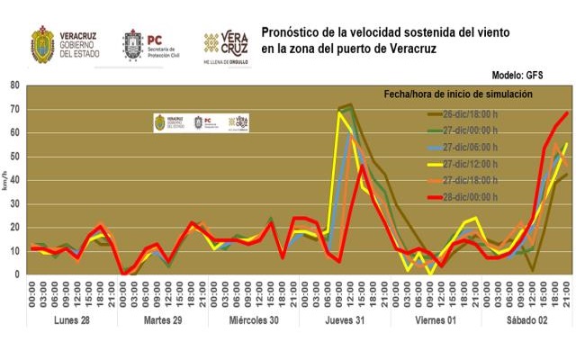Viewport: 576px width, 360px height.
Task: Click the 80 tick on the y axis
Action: (15, 86)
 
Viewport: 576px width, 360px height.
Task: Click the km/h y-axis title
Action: (7, 180)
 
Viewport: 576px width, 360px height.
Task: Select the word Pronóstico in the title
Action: (292, 31)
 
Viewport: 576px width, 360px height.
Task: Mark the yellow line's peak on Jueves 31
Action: (340, 112)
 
